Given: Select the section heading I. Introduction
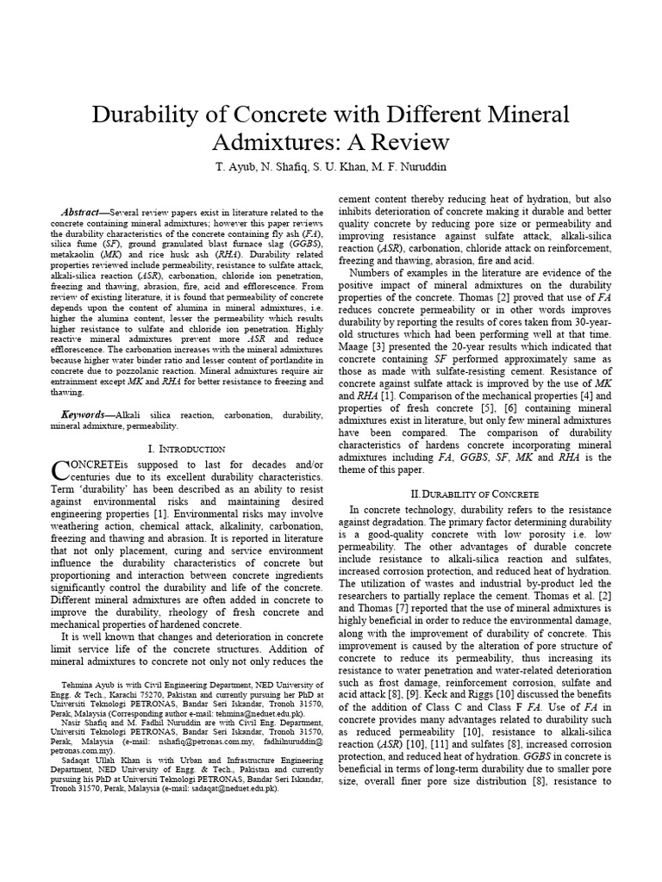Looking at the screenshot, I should [187, 449].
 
